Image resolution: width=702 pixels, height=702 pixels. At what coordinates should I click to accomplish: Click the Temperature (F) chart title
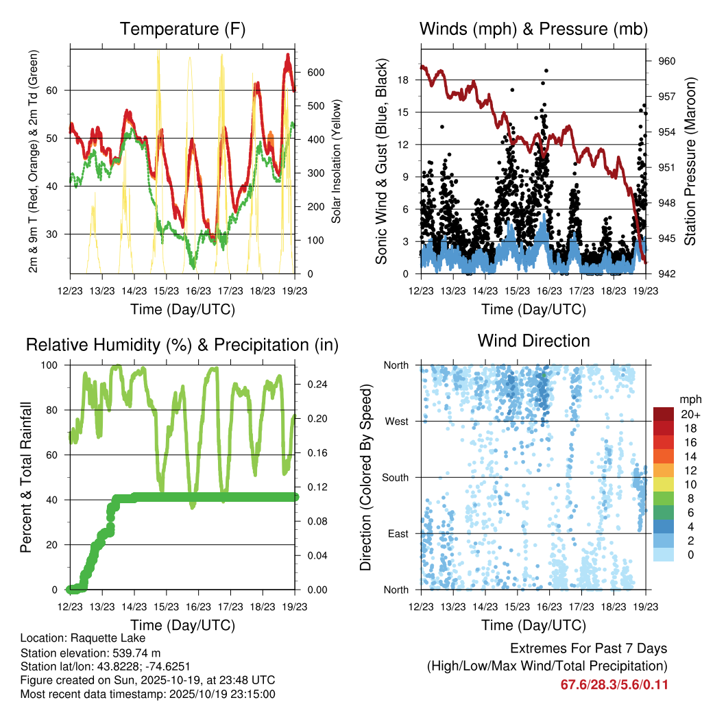click(x=182, y=29)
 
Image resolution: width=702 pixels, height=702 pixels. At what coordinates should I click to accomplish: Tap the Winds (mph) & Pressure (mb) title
click(x=533, y=29)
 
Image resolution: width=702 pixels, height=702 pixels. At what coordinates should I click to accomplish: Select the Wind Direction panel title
click(x=533, y=341)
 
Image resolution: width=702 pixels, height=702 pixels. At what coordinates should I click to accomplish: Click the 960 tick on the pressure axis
click(x=666, y=61)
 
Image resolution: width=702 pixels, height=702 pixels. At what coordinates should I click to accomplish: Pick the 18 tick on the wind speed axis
click(x=403, y=80)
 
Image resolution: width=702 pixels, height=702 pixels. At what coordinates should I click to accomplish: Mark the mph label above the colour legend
click(x=688, y=399)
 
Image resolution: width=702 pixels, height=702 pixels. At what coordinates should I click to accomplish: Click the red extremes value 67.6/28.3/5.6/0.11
click(x=614, y=684)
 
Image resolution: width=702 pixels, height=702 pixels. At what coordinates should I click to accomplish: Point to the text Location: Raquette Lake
click(x=80, y=638)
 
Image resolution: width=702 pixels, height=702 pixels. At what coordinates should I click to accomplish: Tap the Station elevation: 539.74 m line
click(x=90, y=653)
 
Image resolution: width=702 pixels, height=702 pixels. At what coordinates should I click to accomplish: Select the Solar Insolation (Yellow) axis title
click(x=336, y=162)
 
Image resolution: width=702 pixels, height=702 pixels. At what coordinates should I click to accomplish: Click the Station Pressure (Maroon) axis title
click(x=690, y=162)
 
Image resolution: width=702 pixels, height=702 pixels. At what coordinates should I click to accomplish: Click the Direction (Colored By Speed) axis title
click(x=365, y=477)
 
